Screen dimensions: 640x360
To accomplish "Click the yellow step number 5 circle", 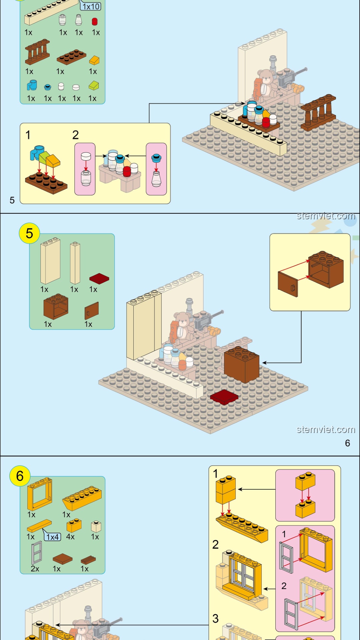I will pos(29,233).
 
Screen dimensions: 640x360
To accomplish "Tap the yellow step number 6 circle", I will pos(20,476).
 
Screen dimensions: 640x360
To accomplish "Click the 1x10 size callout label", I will pos(91,6).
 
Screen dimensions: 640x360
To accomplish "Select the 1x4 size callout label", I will pos(53,537).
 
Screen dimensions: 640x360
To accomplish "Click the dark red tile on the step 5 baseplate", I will pos(224,397).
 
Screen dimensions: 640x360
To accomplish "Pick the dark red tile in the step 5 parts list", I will pos(99,278).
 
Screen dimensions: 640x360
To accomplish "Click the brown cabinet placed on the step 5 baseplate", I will pos(241,364).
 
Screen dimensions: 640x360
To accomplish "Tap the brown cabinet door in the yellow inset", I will pos(288,284).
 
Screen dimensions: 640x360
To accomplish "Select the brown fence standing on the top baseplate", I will pos(318,113).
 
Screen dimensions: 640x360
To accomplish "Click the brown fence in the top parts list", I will pos(37,52).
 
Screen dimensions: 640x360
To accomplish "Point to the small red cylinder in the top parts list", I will pos(95,22).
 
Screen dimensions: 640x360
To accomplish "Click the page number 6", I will pos(347,443).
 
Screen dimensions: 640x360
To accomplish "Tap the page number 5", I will pos(12,200).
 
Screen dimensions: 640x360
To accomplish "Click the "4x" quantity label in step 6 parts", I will pos(70,537).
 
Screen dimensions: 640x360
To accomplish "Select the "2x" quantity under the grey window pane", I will pos(35,569).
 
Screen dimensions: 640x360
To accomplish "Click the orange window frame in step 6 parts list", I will pos(40,494).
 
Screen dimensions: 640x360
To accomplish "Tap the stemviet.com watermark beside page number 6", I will pos(325,429).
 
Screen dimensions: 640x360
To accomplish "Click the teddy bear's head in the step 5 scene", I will pos(182,319).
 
